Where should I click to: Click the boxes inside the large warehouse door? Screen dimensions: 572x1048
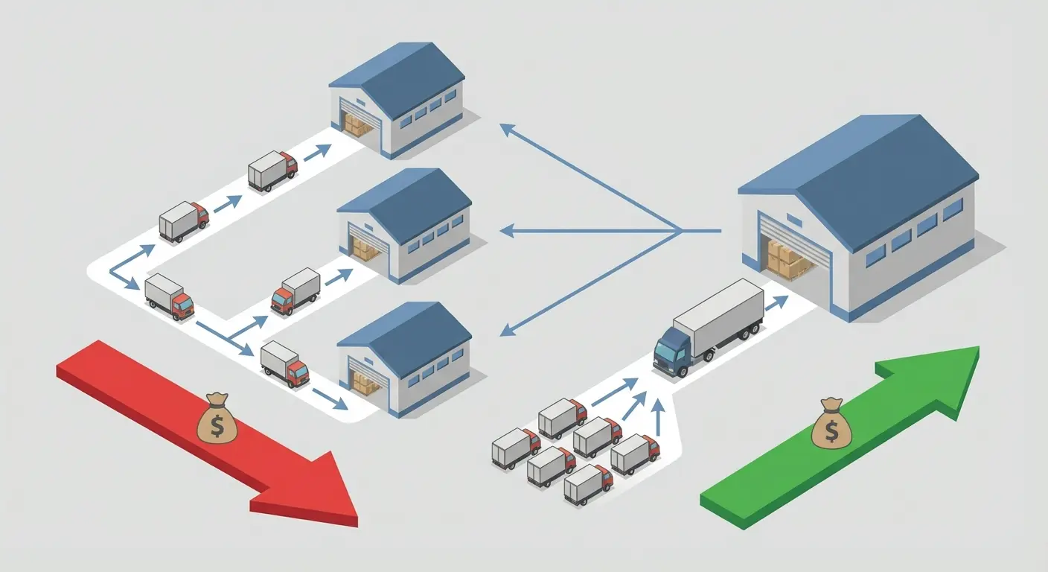click(786, 257)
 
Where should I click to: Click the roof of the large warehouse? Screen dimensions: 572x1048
click(863, 168)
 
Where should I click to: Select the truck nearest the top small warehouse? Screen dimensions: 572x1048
click(272, 171)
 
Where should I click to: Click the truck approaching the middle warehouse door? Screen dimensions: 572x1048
click(296, 290)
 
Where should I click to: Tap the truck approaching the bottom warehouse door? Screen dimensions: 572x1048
click(284, 363)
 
